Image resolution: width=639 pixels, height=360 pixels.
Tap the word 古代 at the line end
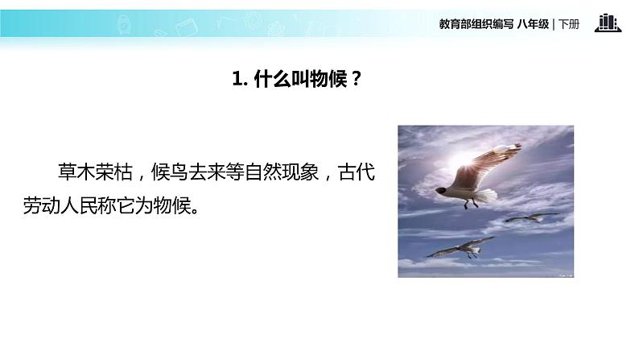pos(357,173)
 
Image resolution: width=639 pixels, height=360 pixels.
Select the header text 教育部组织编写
pos(472,24)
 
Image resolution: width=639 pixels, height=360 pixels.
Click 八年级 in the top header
pos(534,24)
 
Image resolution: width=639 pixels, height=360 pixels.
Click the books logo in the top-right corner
pos(608,23)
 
